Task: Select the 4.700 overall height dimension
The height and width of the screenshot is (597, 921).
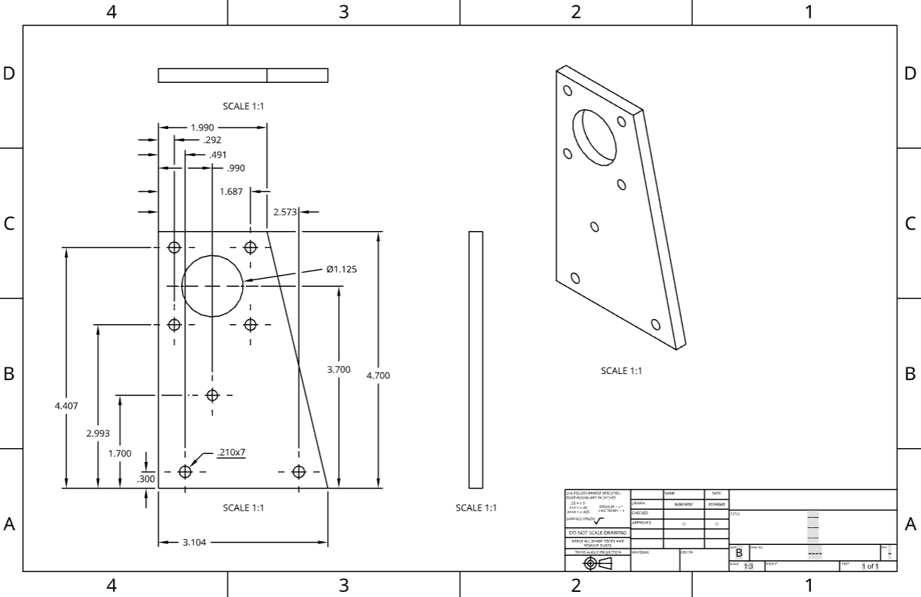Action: pos(378,376)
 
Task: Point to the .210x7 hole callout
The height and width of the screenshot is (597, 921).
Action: pos(231,453)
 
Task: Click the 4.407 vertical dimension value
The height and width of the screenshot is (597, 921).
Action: pos(66,406)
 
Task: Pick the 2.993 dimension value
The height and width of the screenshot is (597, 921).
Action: pos(98,433)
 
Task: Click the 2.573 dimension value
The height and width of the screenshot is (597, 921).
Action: pos(285,212)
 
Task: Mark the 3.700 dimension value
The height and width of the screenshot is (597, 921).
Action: pos(338,370)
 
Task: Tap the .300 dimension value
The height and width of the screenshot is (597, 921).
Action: pos(146,479)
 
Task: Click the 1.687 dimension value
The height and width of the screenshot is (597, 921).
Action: pos(232,191)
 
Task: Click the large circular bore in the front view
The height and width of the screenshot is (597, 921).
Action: pos(212,286)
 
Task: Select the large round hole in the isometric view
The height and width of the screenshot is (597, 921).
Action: pos(597,137)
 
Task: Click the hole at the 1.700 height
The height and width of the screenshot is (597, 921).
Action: pos(213,395)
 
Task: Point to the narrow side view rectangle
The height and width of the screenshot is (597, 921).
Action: pos(476,359)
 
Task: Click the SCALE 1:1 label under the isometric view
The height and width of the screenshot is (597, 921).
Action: pos(621,371)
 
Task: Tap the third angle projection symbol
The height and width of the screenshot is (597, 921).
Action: pos(597,563)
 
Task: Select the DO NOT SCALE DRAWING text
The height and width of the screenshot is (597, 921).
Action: pos(597,532)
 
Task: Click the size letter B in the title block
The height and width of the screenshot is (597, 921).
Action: pos(738,553)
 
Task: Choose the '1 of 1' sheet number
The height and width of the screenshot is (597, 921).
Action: pos(870,566)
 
